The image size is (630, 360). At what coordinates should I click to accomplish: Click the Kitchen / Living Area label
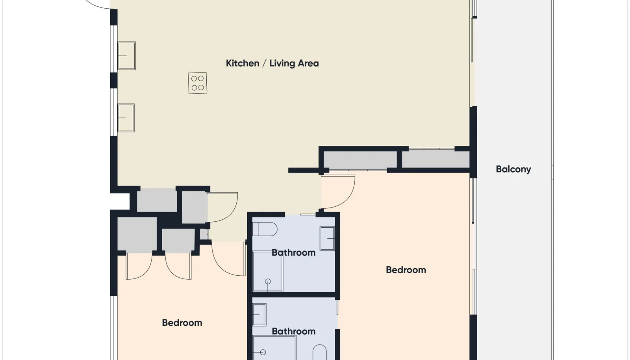point(272,63)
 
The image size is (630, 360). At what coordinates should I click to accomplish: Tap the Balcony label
point(513,169)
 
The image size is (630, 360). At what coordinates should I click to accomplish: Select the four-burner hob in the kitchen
point(197,83)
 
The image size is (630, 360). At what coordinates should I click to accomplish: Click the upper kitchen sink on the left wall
point(126,56)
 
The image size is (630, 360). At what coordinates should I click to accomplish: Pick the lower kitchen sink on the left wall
point(126,118)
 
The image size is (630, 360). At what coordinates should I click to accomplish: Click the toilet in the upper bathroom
point(265,229)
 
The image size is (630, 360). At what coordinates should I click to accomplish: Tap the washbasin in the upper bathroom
point(327,239)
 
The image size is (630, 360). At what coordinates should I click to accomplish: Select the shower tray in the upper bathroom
point(268,271)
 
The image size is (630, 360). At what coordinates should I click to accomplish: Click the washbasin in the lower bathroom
point(259,315)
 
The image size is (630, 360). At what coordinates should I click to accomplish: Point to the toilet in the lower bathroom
point(319,352)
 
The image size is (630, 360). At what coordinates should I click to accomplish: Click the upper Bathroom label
point(293,252)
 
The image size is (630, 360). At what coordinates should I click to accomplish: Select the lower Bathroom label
point(293,331)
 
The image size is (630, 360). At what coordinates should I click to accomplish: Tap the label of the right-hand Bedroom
point(406,270)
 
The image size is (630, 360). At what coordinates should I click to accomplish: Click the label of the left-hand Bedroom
point(182,323)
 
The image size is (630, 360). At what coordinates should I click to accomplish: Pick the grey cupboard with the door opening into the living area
point(195,207)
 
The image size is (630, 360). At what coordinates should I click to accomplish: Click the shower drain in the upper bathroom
point(268,281)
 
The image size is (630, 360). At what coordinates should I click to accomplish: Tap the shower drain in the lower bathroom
point(263,352)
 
